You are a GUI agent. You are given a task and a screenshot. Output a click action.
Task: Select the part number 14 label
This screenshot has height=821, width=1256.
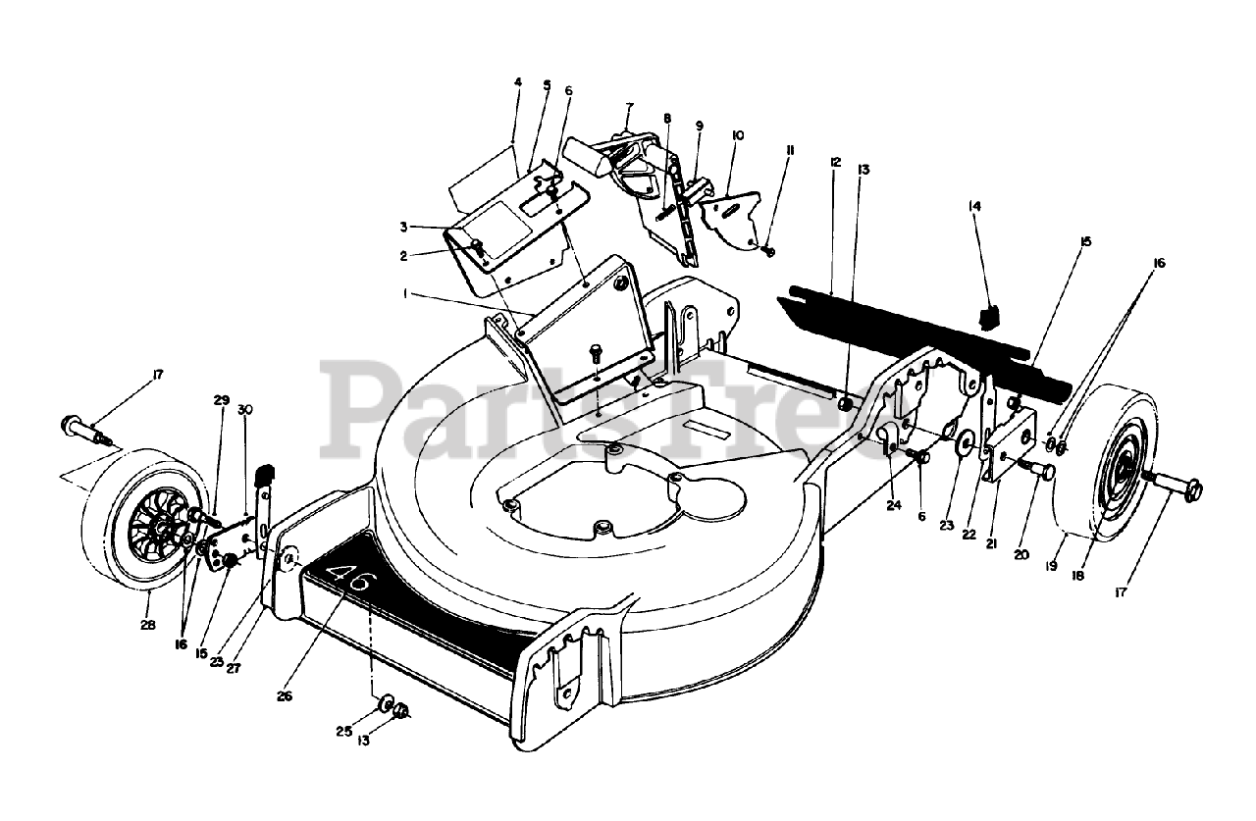tap(974, 207)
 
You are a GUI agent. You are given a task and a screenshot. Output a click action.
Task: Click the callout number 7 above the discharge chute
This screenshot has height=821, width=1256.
tap(629, 106)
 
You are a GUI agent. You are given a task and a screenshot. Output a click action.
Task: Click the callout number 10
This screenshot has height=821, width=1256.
tap(738, 134)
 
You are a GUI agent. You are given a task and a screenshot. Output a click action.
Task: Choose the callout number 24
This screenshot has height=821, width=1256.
tap(892, 505)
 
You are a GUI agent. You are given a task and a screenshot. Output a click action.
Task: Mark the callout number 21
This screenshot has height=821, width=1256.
tap(991, 541)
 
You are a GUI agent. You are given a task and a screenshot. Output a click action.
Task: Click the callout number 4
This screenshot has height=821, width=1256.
tap(517, 82)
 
